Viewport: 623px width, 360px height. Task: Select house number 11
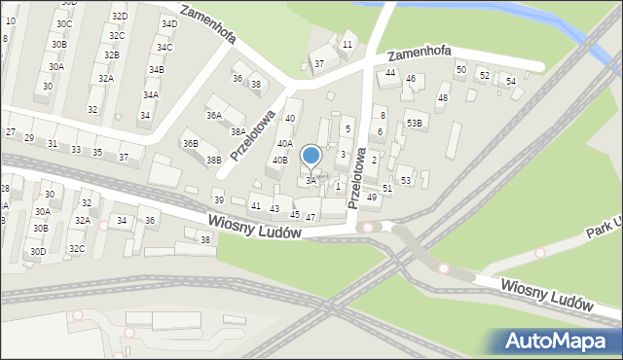point(348,44)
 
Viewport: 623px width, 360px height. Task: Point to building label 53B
point(415,123)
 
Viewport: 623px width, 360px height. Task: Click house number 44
point(390,73)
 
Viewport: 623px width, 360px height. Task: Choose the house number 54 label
point(511,81)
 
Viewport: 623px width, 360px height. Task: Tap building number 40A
point(284,143)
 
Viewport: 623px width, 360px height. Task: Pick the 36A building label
point(213,115)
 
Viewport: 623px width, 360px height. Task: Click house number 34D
point(169,23)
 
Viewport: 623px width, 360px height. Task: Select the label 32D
point(119,17)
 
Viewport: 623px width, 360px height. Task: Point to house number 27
point(11,131)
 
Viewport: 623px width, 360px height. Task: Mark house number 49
point(372,198)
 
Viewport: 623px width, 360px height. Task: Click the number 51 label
point(387,188)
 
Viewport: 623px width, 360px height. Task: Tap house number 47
point(311,217)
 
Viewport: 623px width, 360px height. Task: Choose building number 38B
point(214,160)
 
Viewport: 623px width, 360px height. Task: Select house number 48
point(443,98)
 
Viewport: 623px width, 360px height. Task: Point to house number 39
point(219,199)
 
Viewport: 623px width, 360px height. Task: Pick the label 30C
point(64,23)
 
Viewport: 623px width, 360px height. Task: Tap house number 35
point(97,152)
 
